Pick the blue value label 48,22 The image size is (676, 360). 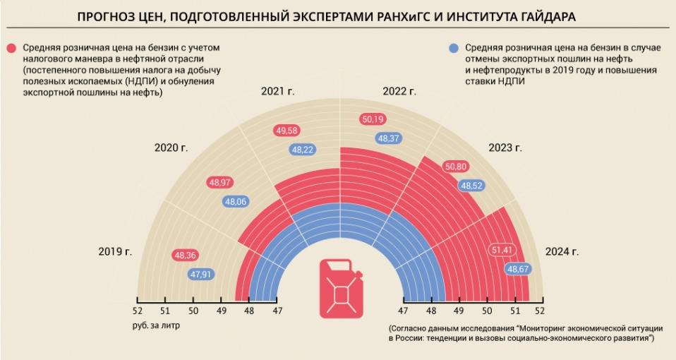[303, 150]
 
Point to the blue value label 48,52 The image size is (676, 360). [471, 186]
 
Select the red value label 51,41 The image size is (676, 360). [502, 250]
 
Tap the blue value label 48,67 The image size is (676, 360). [519, 269]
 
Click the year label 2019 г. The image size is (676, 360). [116, 251]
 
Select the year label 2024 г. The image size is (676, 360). [562, 251]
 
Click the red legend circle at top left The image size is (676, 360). [12, 48]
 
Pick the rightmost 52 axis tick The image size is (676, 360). [540, 311]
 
